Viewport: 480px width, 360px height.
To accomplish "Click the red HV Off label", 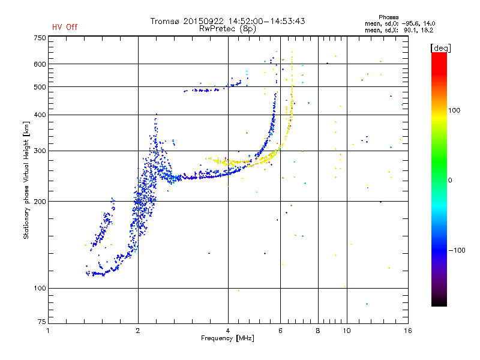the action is (65, 27).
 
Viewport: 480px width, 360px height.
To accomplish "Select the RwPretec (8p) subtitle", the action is (227, 29).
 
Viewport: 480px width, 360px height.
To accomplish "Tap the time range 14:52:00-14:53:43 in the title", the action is (266, 21).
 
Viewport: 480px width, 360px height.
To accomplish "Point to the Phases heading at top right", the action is (388, 17).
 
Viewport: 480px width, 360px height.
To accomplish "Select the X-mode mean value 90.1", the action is (410, 30).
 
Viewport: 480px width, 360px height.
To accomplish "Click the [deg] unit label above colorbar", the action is (440, 48).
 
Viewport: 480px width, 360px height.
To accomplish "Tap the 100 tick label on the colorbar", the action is (454, 110).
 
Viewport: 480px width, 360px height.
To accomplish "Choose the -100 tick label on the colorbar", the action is (457, 250).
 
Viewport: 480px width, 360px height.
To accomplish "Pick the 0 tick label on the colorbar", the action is (450, 180).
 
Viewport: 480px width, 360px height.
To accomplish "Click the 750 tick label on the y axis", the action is (40, 38).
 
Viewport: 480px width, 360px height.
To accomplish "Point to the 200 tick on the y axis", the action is (40, 202).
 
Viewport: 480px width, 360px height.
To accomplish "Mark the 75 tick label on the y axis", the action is (42, 322).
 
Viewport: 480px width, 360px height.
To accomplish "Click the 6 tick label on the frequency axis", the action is (280, 331).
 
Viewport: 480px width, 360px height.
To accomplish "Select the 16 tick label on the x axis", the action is (408, 331).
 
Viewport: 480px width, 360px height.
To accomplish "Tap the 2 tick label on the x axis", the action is (138, 331).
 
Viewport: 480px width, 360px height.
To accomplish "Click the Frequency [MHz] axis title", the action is (227, 338).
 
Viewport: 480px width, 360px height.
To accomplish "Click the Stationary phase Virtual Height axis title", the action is (26, 181).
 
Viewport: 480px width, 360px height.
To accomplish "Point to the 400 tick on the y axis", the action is (40, 115).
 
